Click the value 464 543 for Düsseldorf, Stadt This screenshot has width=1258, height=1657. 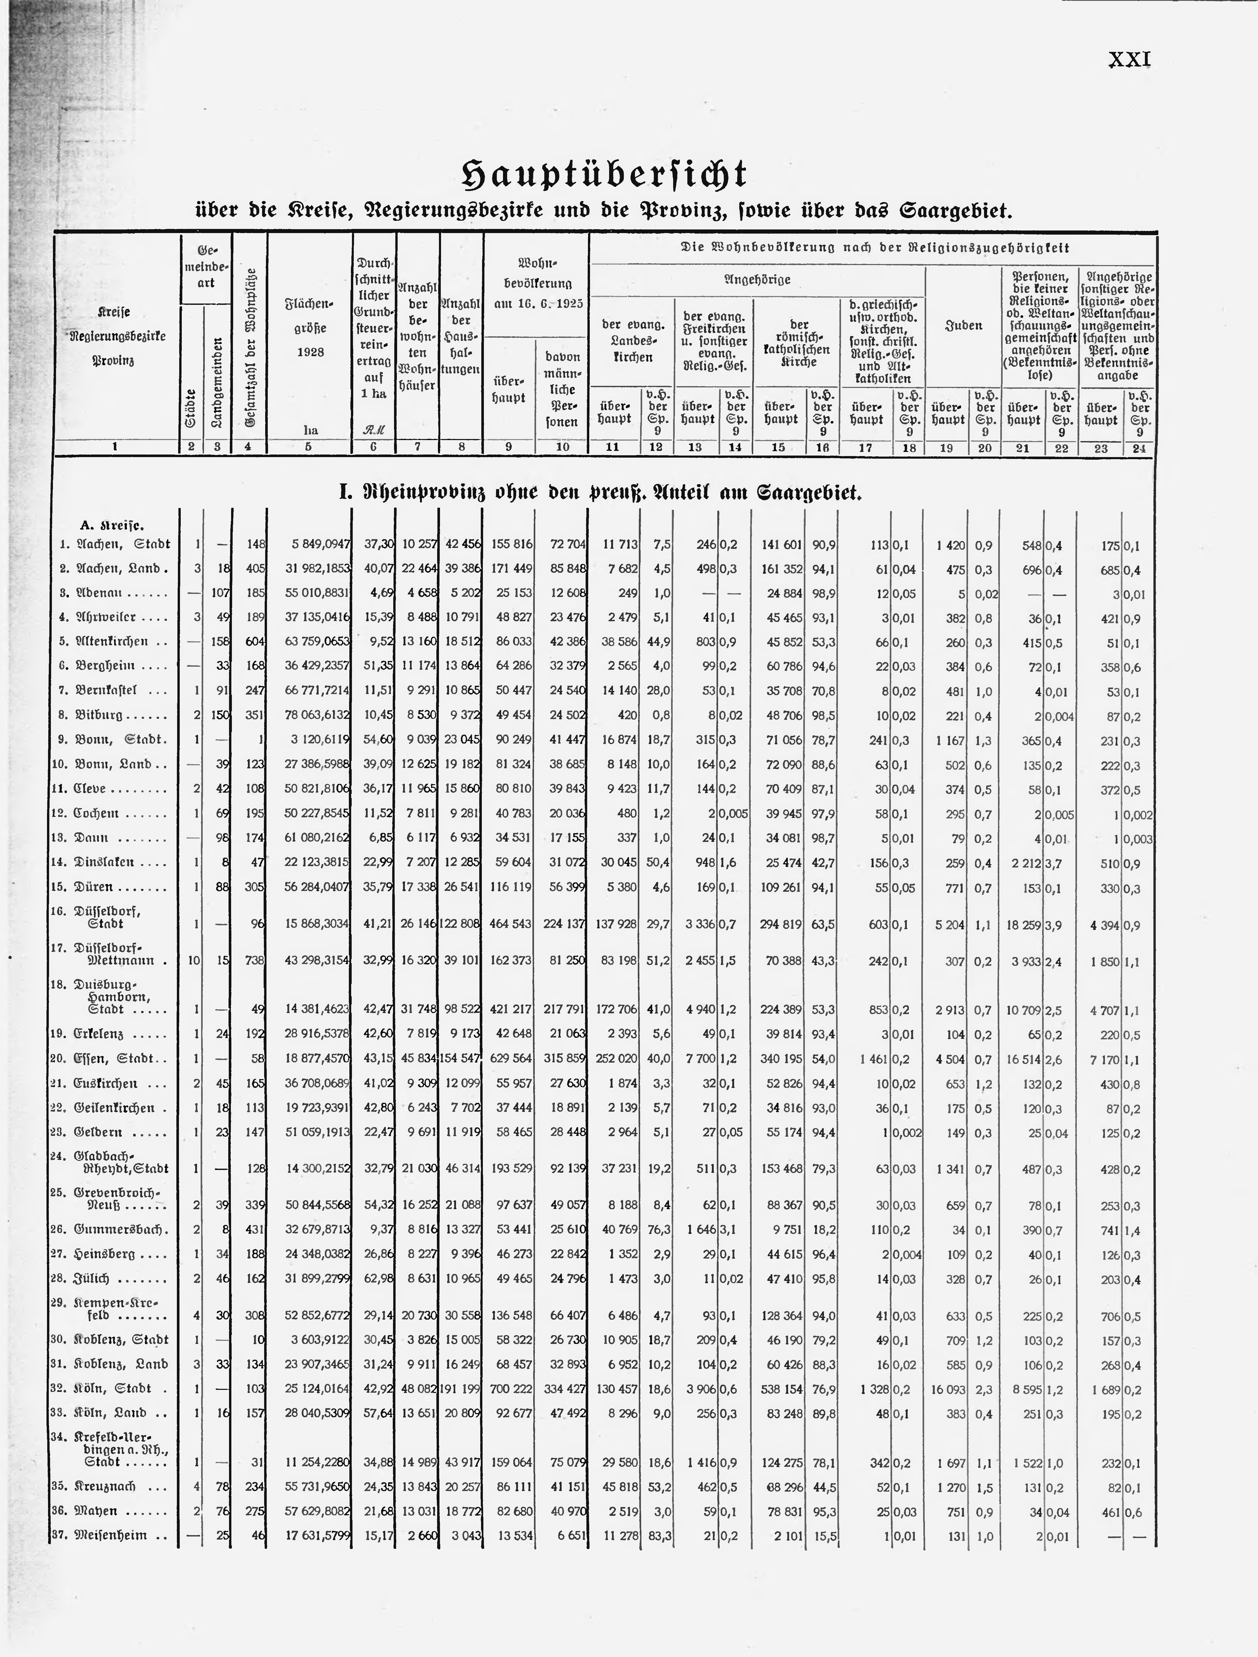(512, 925)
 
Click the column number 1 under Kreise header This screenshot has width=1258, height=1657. (115, 447)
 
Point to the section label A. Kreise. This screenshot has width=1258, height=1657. (112, 525)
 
